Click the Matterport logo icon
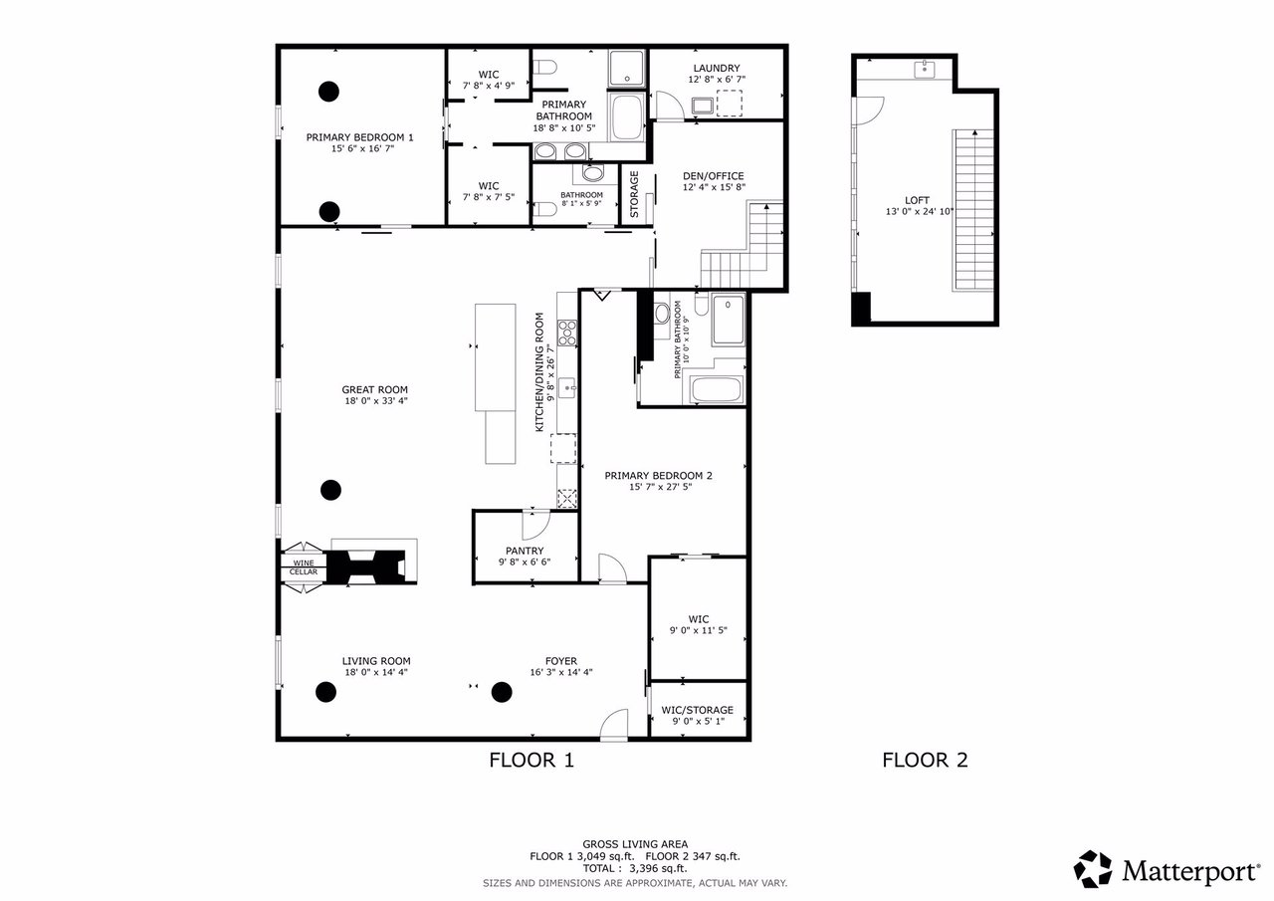(x=1092, y=869)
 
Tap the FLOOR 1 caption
(x=531, y=761)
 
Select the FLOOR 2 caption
(x=925, y=761)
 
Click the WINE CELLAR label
(x=304, y=567)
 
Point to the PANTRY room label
(x=524, y=551)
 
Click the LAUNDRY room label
(x=716, y=68)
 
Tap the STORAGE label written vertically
(x=634, y=195)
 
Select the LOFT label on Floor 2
(x=918, y=199)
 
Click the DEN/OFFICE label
(x=713, y=176)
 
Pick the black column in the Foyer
(x=501, y=692)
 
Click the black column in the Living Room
(x=325, y=692)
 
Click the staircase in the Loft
(x=973, y=211)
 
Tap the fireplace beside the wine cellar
(x=368, y=565)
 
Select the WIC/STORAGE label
(x=697, y=710)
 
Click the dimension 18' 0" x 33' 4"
(x=375, y=402)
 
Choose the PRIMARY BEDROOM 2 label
(x=658, y=476)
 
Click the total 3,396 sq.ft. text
(x=637, y=868)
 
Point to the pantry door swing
(x=534, y=524)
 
